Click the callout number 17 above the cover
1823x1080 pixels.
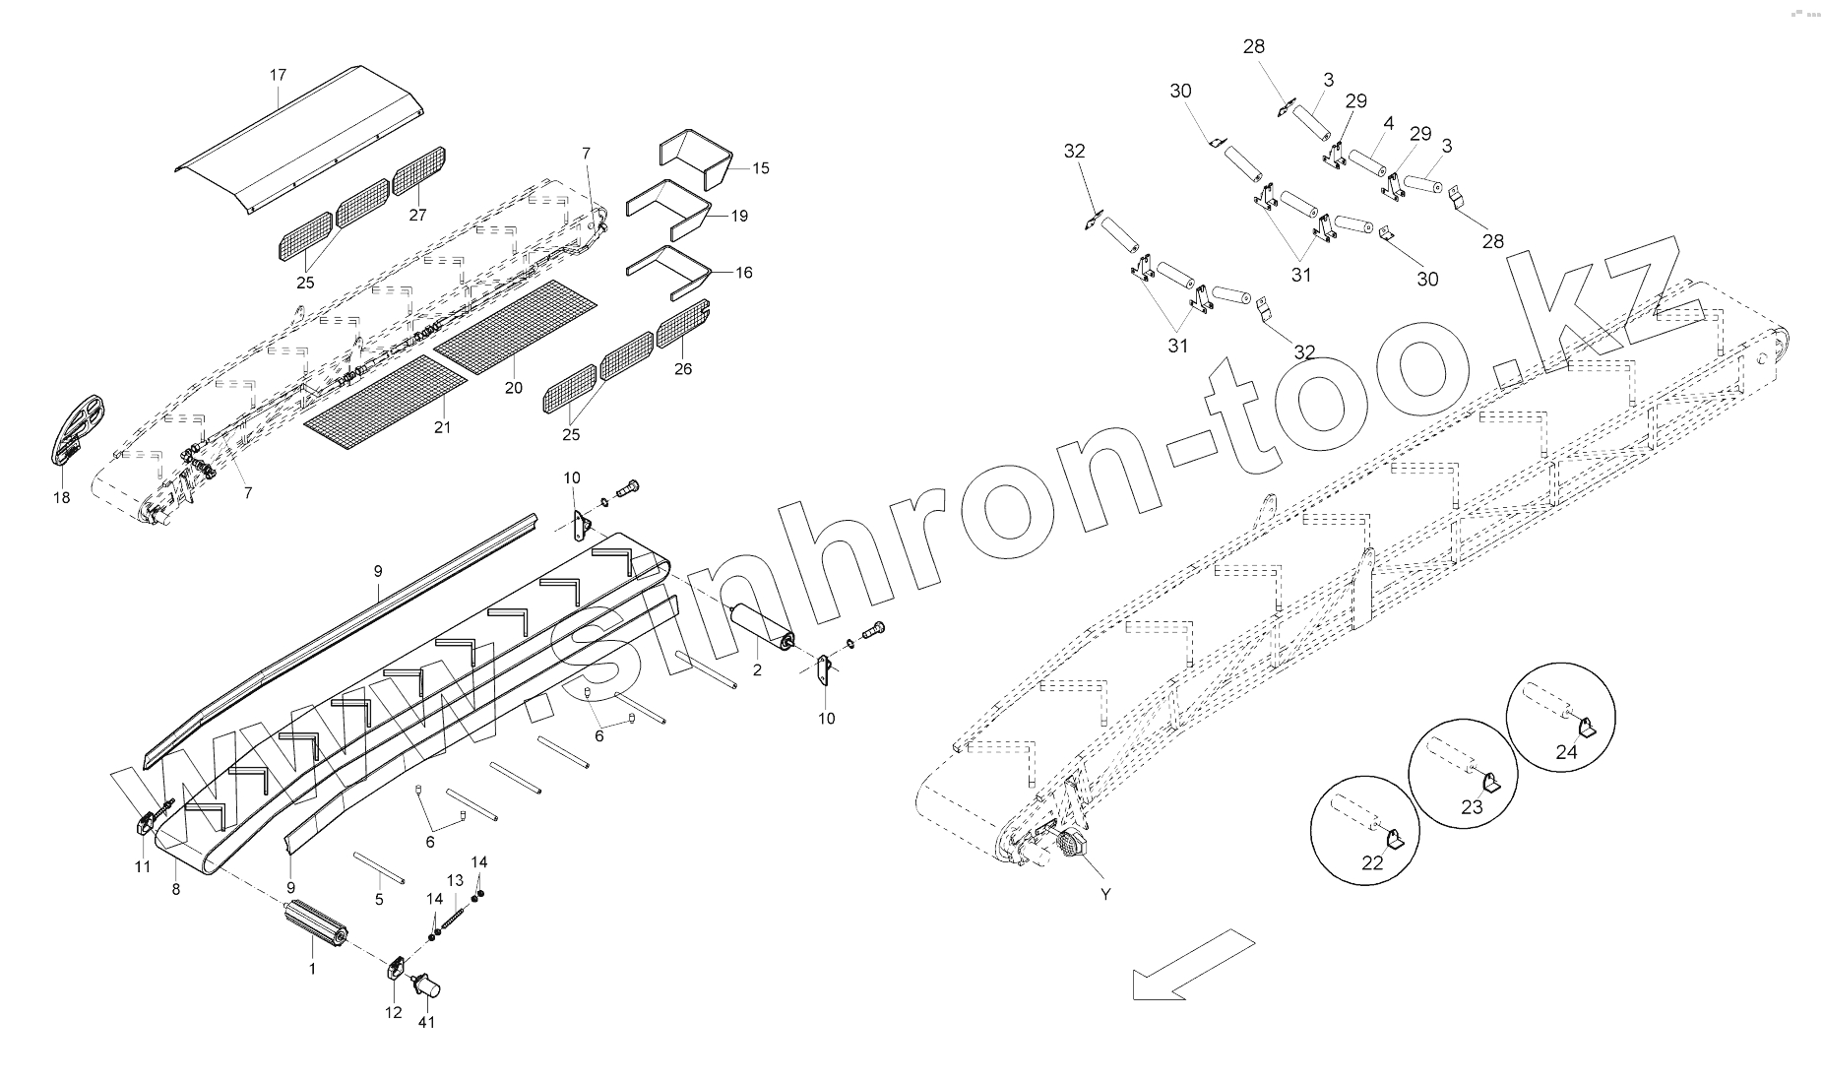pos(278,75)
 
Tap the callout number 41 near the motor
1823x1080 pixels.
pos(426,1022)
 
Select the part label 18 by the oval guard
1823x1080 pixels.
pos(61,497)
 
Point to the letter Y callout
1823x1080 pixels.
pos(1105,894)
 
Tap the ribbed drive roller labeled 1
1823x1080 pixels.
pos(314,924)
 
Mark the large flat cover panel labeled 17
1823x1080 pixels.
pos(300,138)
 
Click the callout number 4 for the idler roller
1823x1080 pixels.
pos(1388,124)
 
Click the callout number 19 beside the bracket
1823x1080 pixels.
pos(739,215)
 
